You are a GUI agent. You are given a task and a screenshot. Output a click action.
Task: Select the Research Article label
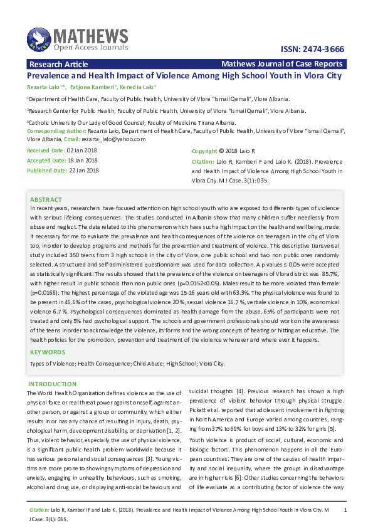pyautogui.click(x=58, y=64)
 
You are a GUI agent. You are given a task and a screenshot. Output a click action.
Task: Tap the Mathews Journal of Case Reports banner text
pyautogui.click(x=282, y=64)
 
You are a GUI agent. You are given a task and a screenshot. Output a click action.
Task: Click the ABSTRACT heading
pyautogui.click(x=46, y=199)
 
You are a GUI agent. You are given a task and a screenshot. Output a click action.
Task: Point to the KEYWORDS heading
pyautogui.click(x=48, y=353)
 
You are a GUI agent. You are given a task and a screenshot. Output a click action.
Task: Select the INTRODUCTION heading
pyautogui.click(x=53, y=384)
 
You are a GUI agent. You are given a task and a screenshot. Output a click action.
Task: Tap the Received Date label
pyautogui.click(x=45, y=151)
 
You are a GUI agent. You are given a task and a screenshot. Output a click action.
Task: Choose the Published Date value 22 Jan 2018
pyautogui.click(x=83, y=170)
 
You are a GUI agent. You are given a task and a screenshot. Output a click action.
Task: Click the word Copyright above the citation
pyautogui.click(x=204, y=152)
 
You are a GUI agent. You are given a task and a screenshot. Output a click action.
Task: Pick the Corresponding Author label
pyautogui.click(x=54, y=130)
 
